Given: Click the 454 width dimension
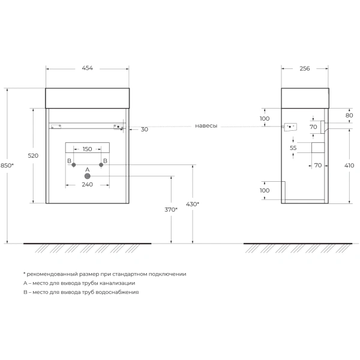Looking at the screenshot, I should [x=88, y=68].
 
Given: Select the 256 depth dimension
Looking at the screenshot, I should [x=304, y=68].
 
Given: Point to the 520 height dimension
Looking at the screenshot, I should [x=33, y=155].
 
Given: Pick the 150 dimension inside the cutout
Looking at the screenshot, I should [x=87, y=149].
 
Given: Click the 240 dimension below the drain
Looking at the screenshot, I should [x=88, y=185].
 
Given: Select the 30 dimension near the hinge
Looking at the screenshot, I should [x=145, y=130].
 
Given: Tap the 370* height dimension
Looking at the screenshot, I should [x=171, y=209].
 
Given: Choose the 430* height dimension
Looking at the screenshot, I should [x=193, y=204].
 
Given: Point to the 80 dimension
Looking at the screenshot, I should [x=349, y=115].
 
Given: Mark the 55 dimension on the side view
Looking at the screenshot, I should [x=293, y=148].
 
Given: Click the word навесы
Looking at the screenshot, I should [x=206, y=126].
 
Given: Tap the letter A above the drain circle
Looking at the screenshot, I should [x=87, y=170].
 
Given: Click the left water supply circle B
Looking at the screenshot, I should [x=74, y=165].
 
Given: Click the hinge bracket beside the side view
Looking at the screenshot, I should [x=291, y=127].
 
